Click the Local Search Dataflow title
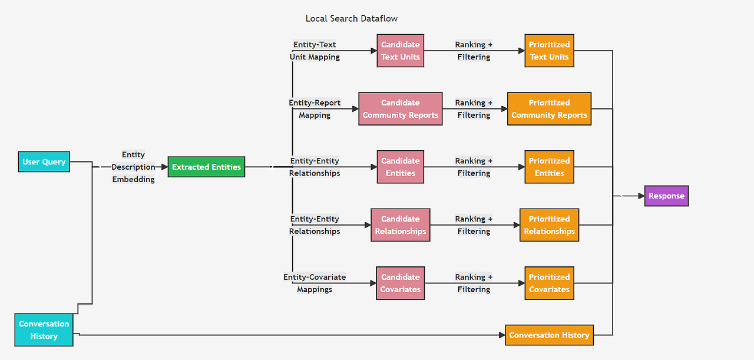point(351,18)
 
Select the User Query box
point(44,162)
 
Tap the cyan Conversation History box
point(44,330)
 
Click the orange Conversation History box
point(549,335)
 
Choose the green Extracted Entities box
point(206,167)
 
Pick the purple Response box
point(666,196)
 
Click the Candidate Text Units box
point(401,51)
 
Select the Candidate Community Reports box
point(401,109)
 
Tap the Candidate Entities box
point(401,167)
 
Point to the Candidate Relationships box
point(401,225)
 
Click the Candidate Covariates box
point(401,283)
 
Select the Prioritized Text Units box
point(549,51)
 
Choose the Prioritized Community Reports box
point(549,109)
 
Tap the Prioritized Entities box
point(549,167)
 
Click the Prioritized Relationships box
point(549,225)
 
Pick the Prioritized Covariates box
point(549,283)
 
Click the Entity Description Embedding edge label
point(133,167)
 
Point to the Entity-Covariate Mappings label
point(315,283)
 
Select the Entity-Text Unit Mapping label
point(315,51)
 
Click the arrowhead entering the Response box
point(641,196)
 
